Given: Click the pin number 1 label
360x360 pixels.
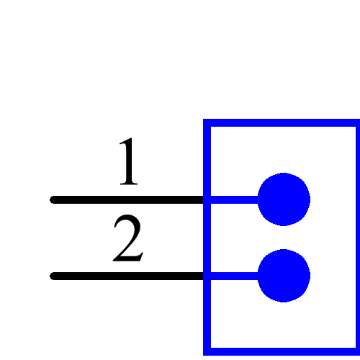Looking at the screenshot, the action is click(127, 163).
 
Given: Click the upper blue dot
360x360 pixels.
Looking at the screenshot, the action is click(284, 199).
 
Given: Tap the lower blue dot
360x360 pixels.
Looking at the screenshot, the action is click(284, 276).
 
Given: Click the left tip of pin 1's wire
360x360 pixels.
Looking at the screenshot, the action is click(53, 199).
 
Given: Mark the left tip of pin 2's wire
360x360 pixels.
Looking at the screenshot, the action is click(53, 276).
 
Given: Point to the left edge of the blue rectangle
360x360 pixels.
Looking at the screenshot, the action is click(207, 238).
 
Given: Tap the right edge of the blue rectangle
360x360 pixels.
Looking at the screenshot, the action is click(356, 238).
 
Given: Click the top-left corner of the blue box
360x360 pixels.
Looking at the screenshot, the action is click(207, 123).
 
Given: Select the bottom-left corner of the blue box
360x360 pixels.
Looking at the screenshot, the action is click(207, 351).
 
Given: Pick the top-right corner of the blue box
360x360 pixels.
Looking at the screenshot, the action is click(356, 123).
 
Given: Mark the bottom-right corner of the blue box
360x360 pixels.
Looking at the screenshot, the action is click(356, 351).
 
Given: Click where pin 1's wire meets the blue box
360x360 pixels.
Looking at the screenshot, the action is click(207, 199).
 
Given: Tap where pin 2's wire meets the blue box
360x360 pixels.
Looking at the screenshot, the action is click(207, 276).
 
